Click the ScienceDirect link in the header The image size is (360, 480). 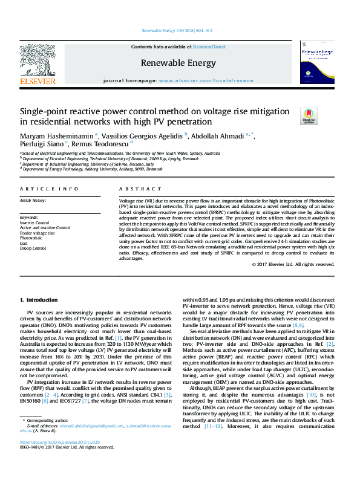click(x=209, y=47)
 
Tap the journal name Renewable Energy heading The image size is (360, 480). click(x=178, y=63)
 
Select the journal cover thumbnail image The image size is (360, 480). click(x=318, y=66)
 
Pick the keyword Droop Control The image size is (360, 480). click(x=33, y=248)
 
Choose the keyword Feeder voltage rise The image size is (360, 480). click(x=38, y=233)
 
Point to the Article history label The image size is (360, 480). click(x=33, y=200)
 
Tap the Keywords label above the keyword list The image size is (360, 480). click(x=30, y=217)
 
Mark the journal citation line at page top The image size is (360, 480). click(x=177, y=30)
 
